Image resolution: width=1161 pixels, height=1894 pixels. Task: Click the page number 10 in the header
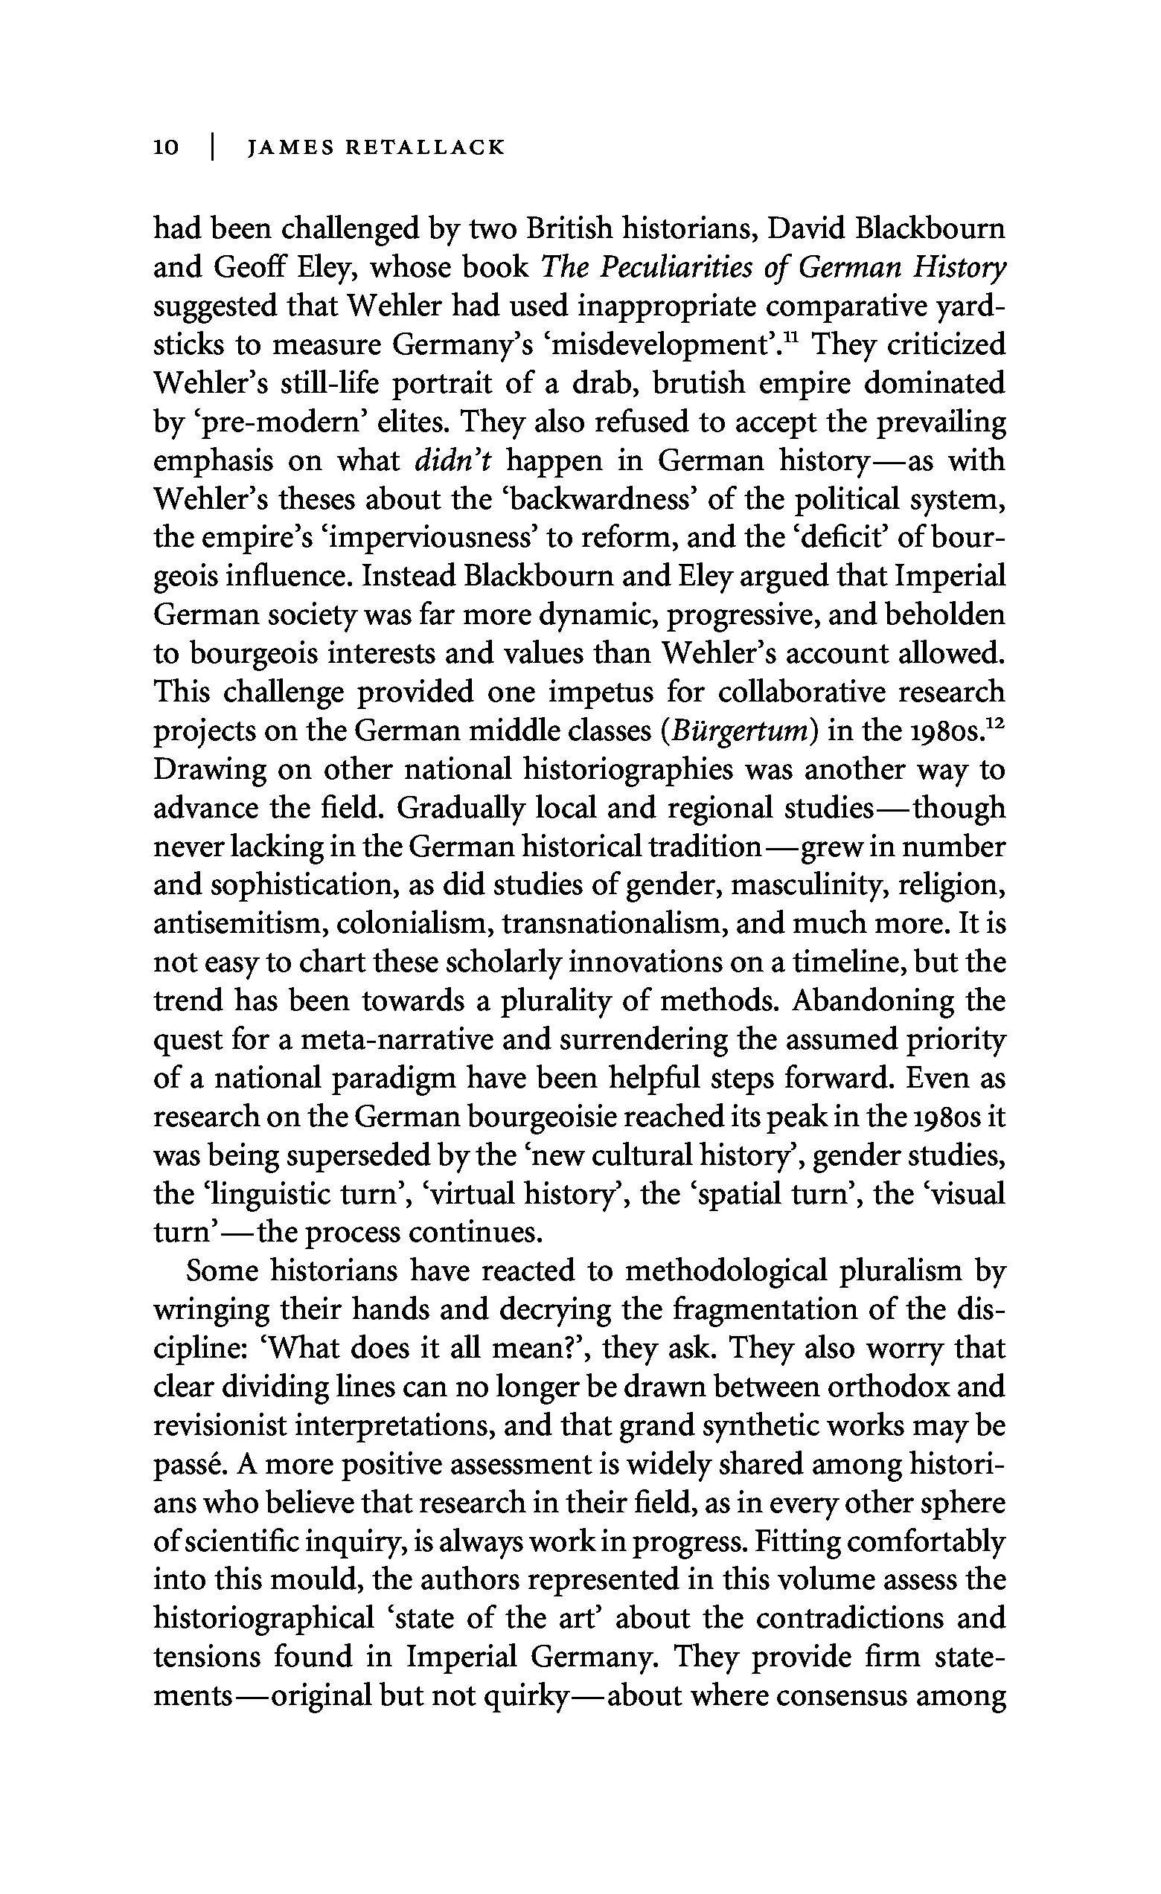(166, 147)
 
